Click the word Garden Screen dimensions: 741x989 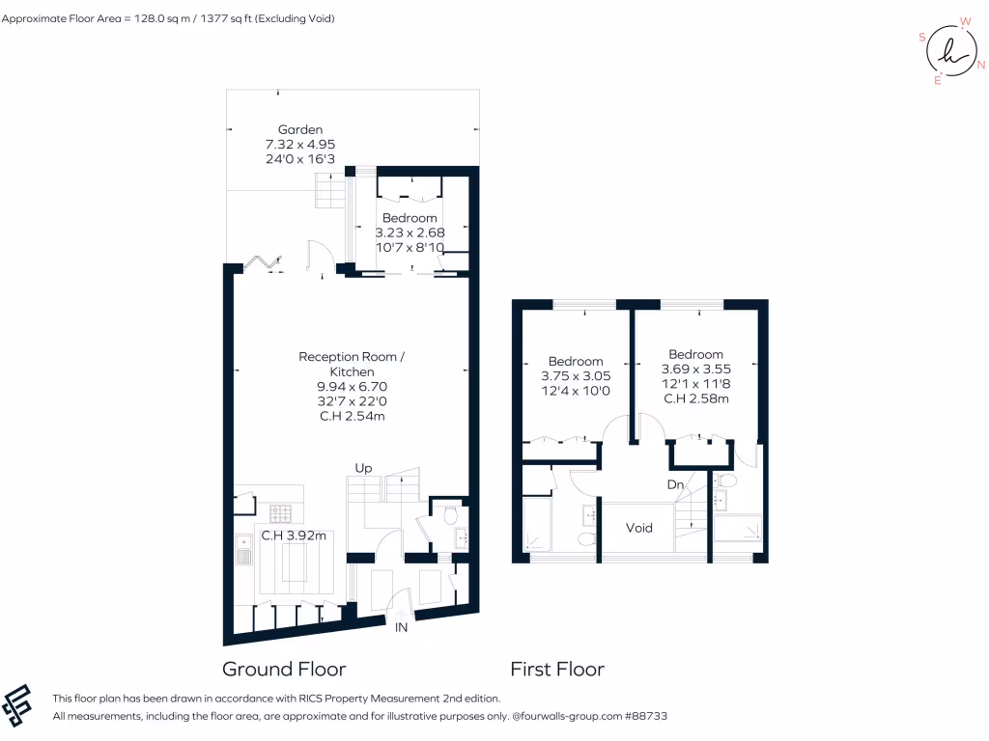(x=300, y=129)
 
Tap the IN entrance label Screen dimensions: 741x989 (x=402, y=627)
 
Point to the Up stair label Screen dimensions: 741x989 (x=364, y=468)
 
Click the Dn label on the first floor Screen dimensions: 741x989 (x=676, y=483)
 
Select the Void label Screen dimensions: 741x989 (x=639, y=528)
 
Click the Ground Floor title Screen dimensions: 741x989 (x=284, y=669)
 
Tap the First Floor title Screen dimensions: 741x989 (x=557, y=669)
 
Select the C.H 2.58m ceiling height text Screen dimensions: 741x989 (x=695, y=398)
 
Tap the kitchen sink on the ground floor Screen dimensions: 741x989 (x=242, y=551)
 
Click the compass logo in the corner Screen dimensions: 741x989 (x=950, y=52)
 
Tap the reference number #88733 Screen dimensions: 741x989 (x=647, y=717)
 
